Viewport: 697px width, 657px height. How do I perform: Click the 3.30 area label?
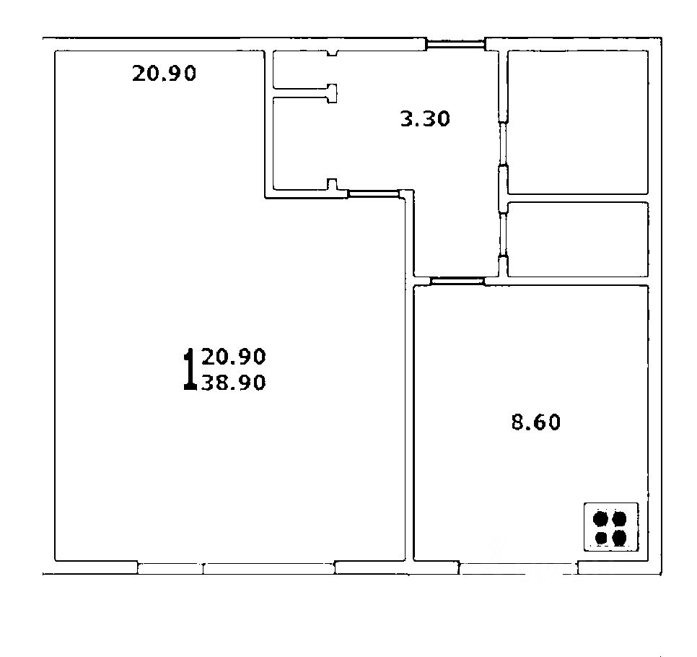(425, 119)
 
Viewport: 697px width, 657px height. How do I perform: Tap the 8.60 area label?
(535, 422)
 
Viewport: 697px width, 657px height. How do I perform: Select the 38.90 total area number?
(233, 382)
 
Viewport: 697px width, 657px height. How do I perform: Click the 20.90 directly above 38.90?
(233, 356)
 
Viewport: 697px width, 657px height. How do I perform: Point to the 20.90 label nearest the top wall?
(164, 73)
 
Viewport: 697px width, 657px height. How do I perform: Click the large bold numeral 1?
(190, 369)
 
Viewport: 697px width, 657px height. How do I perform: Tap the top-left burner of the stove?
(600, 518)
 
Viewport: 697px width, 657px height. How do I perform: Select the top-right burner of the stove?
(619, 518)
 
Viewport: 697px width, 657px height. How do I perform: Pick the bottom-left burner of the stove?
(601, 538)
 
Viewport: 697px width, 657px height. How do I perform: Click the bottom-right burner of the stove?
(619, 538)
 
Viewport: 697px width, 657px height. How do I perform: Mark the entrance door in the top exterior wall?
(455, 44)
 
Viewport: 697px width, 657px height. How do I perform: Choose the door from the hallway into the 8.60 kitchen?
(457, 281)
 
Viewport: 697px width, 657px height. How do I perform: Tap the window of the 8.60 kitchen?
(518, 568)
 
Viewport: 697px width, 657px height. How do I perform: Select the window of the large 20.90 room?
(236, 568)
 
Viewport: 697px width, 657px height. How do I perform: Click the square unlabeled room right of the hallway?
(578, 122)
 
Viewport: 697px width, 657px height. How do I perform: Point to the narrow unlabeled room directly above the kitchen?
(578, 239)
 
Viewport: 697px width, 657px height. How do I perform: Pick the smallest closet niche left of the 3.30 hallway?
(301, 70)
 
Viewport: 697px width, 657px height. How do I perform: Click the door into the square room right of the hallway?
(503, 144)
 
